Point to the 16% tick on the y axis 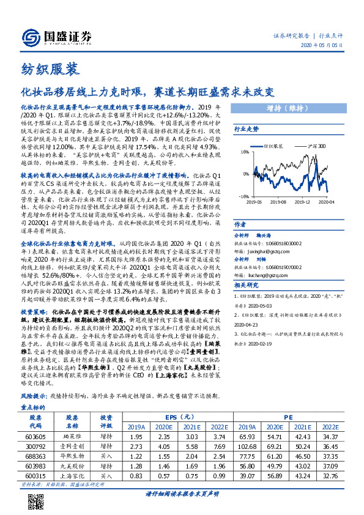[x=245, y=152]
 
